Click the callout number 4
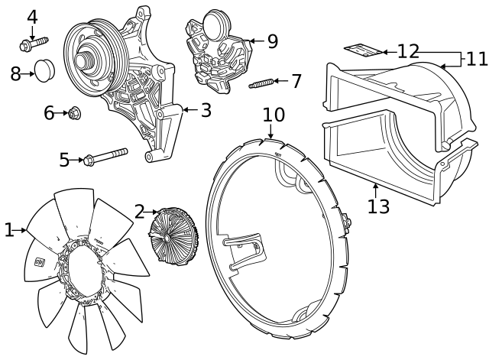32,16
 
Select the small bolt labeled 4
31,44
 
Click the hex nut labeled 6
75,114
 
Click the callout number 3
206,110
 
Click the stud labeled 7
261,83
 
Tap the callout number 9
272,41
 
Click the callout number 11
476,58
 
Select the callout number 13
378,206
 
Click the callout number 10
274,115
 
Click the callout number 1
8,229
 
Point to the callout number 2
139,212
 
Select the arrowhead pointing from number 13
375,186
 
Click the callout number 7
296,81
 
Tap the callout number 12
408,51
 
